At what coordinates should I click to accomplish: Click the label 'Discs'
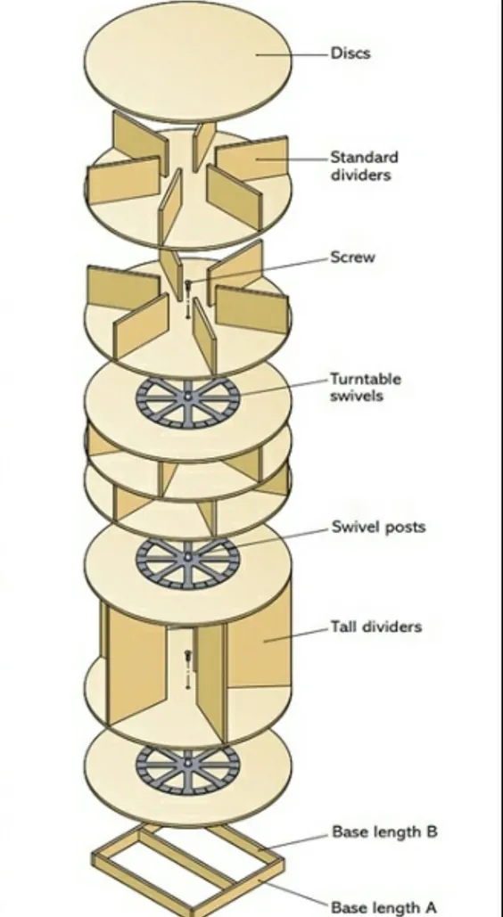(x=350, y=53)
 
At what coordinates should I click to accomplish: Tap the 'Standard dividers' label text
(x=364, y=166)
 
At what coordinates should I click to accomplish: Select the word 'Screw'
(x=352, y=258)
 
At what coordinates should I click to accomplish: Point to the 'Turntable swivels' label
(x=366, y=387)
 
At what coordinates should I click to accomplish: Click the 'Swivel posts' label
(x=378, y=527)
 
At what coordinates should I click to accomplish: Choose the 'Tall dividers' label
(x=376, y=627)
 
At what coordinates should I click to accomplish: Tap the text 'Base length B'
(x=384, y=831)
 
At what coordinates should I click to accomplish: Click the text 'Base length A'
(x=383, y=907)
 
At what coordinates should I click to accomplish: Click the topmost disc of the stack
(x=187, y=61)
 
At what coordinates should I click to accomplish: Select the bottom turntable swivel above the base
(x=187, y=768)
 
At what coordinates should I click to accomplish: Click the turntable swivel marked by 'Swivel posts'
(x=187, y=562)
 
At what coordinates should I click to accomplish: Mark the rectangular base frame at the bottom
(x=187, y=868)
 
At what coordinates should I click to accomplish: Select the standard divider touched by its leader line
(x=251, y=159)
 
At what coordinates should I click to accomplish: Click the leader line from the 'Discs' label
(x=292, y=55)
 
